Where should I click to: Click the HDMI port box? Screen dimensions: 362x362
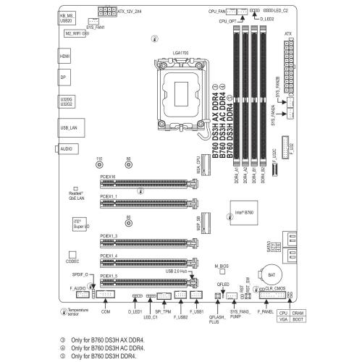(x=64, y=56)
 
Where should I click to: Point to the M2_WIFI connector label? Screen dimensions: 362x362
(x=75, y=33)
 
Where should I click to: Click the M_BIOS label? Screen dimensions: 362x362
(x=226, y=267)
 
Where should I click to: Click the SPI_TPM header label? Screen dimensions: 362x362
(x=163, y=311)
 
